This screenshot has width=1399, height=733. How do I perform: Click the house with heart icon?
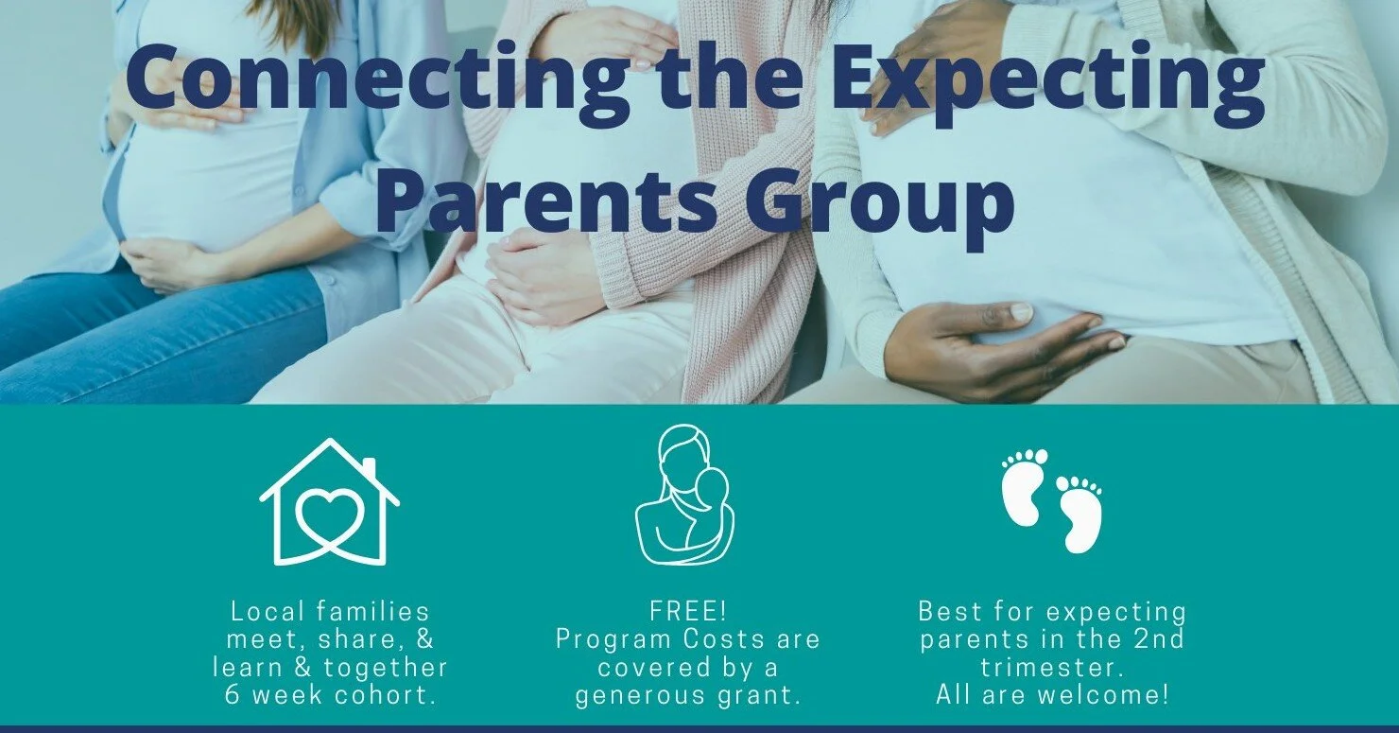point(330,501)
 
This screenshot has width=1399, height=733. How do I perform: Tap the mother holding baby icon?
point(683,496)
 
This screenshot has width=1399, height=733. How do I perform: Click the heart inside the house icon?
point(330,515)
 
